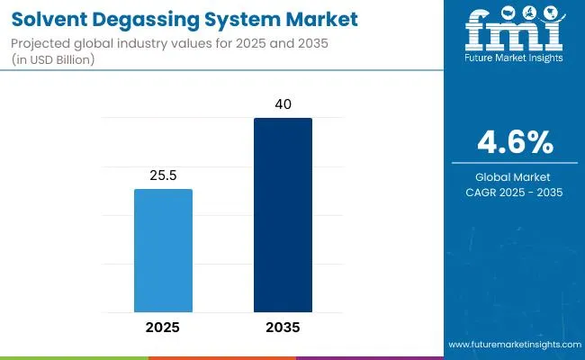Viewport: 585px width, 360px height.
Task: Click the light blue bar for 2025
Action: click(163, 249)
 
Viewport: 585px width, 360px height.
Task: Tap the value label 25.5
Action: click(163, 175)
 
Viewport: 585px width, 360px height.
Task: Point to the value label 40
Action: click(283, 105)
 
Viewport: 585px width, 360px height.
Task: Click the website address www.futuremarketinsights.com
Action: click(511, 345)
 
